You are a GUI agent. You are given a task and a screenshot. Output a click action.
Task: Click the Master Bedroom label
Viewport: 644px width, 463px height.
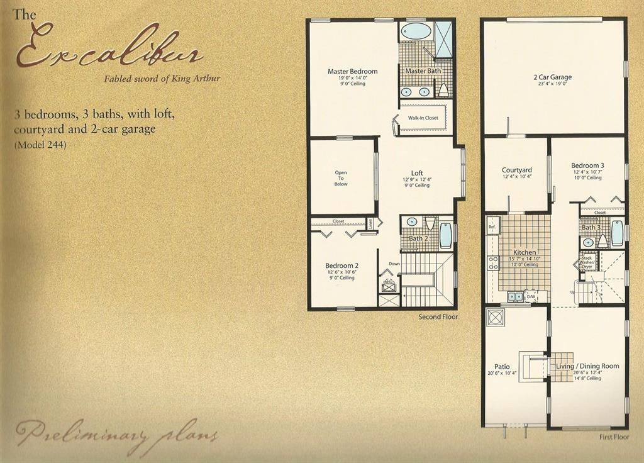click(352, 72)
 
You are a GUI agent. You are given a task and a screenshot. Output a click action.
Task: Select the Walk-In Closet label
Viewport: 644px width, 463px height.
click(423, 118)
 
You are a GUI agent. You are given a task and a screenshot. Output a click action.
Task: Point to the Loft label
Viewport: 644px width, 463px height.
click(417, 173)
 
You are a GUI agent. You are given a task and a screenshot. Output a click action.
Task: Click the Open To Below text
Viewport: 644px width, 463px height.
click(341, 178)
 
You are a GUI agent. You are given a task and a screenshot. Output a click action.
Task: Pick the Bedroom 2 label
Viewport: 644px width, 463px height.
click(341, 266)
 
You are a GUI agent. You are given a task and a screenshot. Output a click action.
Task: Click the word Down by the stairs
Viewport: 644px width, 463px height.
click(394, 264)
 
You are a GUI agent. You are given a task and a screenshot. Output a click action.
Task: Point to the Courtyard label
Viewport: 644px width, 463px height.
click(517, 170)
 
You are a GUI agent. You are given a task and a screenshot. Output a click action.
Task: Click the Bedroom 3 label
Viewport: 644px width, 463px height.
click(587, 165)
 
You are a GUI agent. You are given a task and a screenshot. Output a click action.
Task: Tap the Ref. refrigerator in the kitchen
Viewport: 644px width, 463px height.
click(492, 226)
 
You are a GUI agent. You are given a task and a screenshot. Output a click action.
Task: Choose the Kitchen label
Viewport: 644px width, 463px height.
click(525, 252)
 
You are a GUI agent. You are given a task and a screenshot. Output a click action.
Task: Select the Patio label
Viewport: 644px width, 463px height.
click(502, 367)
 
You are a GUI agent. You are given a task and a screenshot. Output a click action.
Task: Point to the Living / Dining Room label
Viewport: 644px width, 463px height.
click(587, 366)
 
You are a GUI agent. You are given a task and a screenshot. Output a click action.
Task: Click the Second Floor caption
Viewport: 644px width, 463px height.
click(438, 317)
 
